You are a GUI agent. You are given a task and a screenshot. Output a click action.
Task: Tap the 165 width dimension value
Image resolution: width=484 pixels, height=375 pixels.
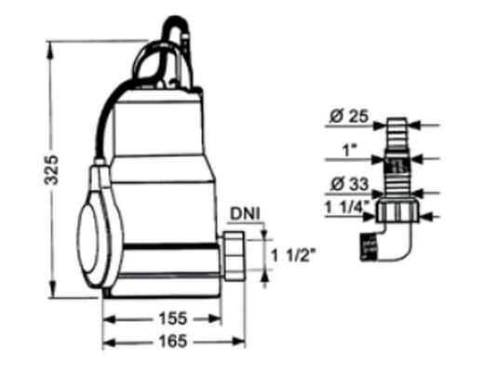[168, 341]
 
